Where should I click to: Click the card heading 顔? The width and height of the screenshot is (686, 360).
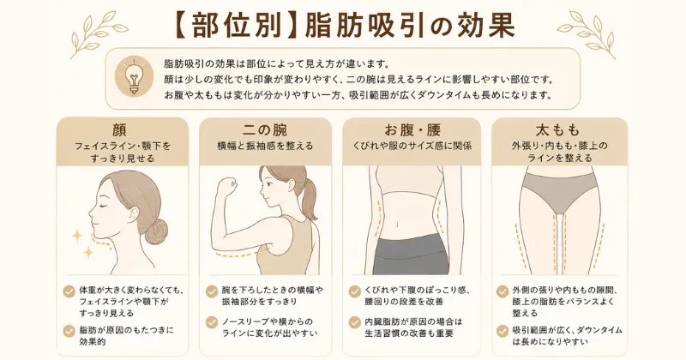[119, 130]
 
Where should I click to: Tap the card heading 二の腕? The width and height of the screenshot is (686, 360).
[265, 130]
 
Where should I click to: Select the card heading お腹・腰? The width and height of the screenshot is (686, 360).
[412, 130]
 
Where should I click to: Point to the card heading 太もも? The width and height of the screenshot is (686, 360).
[558, 130]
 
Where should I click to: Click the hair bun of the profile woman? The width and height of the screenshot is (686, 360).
[156, 231]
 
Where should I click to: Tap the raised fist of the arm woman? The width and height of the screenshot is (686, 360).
[228, 185]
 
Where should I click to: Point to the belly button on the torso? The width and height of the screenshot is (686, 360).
[397, 225]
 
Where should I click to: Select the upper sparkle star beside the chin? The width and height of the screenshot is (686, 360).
[77, 237]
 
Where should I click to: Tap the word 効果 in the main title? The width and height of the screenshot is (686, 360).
[484, 27]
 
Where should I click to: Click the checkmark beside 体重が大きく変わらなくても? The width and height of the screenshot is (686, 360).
[69, 291]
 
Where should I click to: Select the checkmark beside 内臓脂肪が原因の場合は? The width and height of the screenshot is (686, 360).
[355, 322]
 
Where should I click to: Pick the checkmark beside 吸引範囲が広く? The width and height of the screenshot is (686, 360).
[502, 331]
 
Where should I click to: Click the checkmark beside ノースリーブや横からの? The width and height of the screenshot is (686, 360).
[212, 322]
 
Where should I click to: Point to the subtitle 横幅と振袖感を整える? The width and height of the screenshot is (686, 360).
[265, 146]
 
